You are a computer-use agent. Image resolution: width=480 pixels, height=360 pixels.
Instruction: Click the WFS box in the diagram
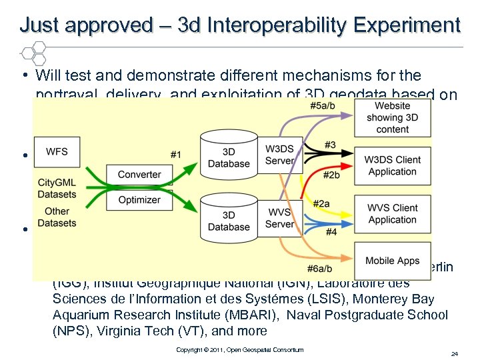57,152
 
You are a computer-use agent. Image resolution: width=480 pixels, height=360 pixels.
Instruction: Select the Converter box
139,175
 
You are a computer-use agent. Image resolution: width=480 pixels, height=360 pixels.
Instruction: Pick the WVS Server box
279,218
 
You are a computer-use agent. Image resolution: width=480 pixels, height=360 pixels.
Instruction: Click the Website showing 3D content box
392,117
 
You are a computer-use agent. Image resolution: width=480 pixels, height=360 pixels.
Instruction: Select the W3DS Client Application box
392,165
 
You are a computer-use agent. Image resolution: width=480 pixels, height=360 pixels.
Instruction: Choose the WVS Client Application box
392,213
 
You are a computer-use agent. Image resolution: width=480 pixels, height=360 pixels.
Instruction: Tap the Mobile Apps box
392,261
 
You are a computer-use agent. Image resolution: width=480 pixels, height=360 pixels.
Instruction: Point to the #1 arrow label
175,155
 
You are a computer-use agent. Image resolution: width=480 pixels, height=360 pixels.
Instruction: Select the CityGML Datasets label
57,189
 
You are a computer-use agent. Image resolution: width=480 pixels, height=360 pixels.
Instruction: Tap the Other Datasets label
57,217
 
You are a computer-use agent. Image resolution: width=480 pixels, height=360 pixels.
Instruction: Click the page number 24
454,352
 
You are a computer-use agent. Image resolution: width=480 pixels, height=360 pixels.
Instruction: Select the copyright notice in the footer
239,350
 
